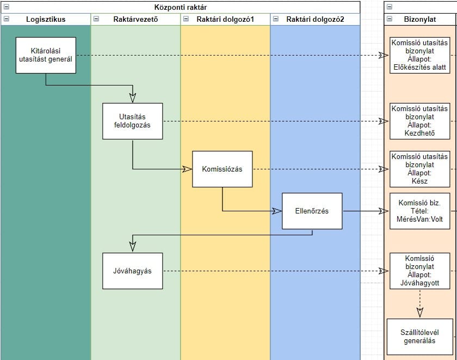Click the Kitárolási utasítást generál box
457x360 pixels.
tap(45, 55)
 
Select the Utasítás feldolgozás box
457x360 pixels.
tap(133, 121)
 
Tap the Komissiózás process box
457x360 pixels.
tap(222, 169)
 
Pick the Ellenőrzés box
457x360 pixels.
tap(312, 211)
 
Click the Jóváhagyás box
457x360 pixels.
tap(133, 271)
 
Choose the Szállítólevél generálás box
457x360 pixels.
tap(419, 337)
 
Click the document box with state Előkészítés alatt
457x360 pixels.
tap(419, 55)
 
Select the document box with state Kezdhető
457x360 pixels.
tap(419, 121)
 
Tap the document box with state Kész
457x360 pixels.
tap(419, 169)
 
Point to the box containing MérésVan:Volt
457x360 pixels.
tap(419, 211)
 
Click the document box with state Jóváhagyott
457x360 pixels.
tap(419, 271)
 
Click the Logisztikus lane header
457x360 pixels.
tap(46, 19)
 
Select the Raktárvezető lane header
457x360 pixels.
tap(135, 19)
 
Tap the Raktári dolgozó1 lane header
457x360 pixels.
tap(225, 19)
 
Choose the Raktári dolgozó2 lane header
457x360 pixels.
tap(315, 19)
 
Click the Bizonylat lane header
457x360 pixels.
tap(419, 19)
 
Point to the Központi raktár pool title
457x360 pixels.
tap(180, 7)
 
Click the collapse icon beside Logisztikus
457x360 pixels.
tap(6, 19)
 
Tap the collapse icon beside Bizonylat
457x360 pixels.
tap(390, 19)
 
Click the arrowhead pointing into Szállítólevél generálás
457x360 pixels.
tap(419, 312)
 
